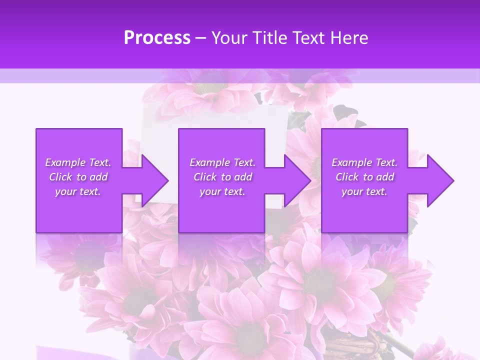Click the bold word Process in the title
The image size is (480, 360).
[157, 38]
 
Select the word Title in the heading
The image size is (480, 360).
[269, 38]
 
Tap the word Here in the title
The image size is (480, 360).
[349, 38]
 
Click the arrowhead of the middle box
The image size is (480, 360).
[297, 180]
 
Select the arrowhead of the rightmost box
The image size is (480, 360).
[440, 180]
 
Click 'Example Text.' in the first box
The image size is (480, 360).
[78, 162]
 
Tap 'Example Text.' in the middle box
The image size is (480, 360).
[222, 162]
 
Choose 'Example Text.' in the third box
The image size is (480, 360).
[364, 162]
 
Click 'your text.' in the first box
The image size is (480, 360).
[78, 191]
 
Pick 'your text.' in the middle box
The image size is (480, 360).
[222, 191]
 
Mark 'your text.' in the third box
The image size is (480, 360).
[364, 191]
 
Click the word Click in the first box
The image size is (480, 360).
[60, 177]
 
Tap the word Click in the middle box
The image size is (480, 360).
[204, 177]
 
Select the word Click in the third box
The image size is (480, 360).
[346, 177]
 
